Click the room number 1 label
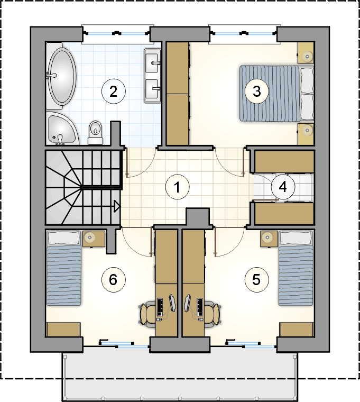[x=177, y=187]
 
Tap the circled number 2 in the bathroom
[x=114, y=92]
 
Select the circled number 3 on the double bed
[x=257, y=92]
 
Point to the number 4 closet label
[x=283, y=187]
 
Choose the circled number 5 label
[x=257, y=280]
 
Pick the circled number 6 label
[x=114, y=280]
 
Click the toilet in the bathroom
[x=96, y=133]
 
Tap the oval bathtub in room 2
[x=61, y=76]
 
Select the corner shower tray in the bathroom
[x=63, y=129]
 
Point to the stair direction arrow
[x=117, y=206]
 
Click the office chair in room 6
[x=147, y=313]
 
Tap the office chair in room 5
[x=212, y=313]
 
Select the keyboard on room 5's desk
[x=200, y=307]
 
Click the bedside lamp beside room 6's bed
[x=89, y=237]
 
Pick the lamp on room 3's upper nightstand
[x=307, y=56]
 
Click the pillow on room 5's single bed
[x=296, y=238]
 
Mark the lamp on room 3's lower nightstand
[x=307, y=130]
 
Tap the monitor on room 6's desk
[x=172, y=303]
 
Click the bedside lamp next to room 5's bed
[x=268, y=237]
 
